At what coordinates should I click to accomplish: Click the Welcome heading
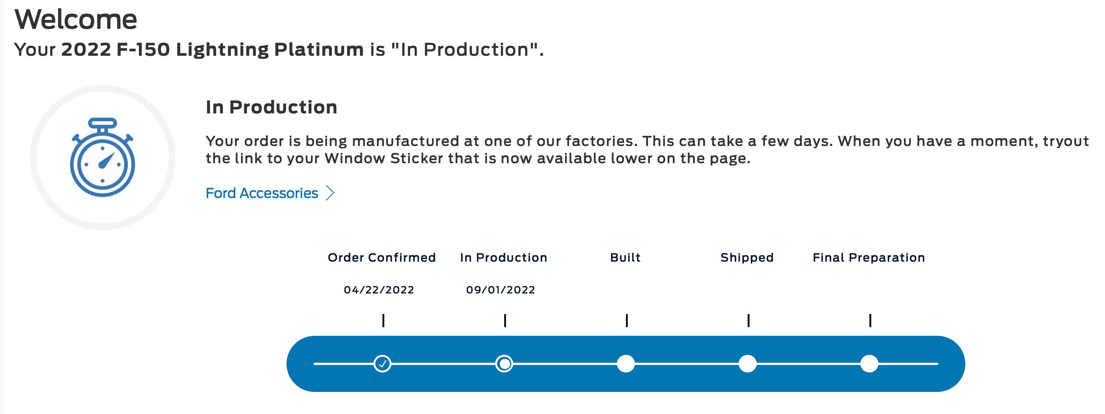tap(76, 19)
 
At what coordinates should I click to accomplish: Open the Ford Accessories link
tap(262, 193)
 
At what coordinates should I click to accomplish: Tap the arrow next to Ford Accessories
tap(330, 193)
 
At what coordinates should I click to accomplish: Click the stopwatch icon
tap(103, 157)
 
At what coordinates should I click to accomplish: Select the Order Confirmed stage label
tap(382, 258)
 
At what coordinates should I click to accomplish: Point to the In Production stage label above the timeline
tap(503, 258)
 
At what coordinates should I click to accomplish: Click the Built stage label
tap(626, 258)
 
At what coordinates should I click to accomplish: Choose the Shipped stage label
tap(747, 258)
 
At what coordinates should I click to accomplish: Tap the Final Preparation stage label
tap(869, 258)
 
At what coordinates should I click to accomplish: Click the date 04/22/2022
tap(379, 290)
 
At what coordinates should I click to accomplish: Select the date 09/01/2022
tap(500, 290)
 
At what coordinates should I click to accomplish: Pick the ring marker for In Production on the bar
tap(504, 364)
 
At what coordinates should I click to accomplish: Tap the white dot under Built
tap(626, 364)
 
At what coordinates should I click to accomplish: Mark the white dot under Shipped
tap(748, 364)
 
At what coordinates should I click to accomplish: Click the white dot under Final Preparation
tap(869, 364)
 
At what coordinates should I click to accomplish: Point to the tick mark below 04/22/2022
tap(384, 320)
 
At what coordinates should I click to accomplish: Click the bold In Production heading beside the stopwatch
tap(272, 107)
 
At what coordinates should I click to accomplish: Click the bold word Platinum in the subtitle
tap(319, 50)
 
